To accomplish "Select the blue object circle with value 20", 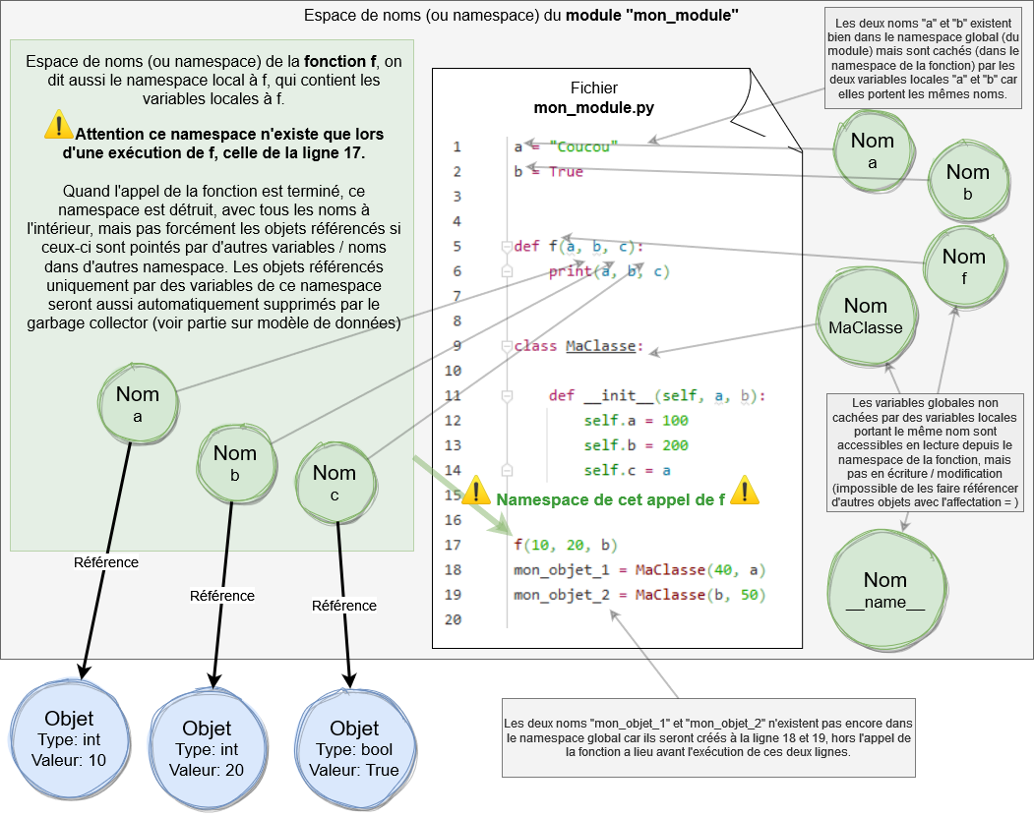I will click(207, 748).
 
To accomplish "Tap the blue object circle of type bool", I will click(354, 748).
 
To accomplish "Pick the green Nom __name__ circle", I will click(884, 591).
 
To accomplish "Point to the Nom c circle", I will click(335, 483).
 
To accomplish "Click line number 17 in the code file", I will click(453, 545).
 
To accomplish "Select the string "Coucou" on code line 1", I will click(586, 147).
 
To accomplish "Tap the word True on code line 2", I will click(566, 172).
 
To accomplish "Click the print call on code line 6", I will click(571, 271).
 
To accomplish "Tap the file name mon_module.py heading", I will click(593, 107).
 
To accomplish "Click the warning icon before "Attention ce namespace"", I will click(58, 125).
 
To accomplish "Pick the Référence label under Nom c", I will click(344, 606).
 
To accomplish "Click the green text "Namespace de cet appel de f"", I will click(611, 499).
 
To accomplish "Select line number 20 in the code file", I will click(453, 619).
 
